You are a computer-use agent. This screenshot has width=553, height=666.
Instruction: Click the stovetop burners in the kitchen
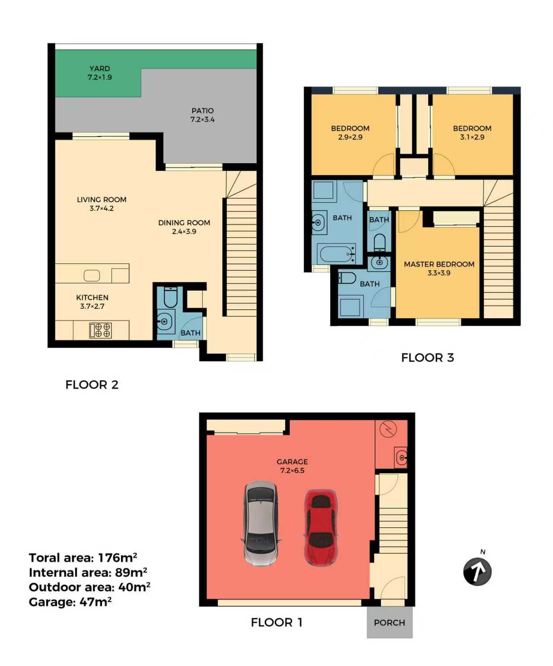[101, 330]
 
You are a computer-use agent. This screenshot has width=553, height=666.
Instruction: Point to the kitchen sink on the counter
[92, 276]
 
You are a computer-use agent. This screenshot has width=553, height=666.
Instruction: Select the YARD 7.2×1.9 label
[99, 73]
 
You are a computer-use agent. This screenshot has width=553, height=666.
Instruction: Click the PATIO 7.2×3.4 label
[202, 115]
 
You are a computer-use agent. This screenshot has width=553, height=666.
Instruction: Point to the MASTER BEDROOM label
[439, 268]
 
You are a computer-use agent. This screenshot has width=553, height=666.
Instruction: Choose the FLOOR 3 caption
[427, 358]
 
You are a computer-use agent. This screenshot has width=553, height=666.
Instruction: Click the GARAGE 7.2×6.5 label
[292, 466]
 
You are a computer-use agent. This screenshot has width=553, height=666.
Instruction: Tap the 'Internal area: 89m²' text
[88, 572]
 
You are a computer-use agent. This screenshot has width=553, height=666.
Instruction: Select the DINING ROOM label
[184, 227]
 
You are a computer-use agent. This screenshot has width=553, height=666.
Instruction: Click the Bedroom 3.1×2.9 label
[472, 133]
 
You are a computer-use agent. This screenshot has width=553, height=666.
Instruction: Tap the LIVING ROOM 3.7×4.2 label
[102, 204]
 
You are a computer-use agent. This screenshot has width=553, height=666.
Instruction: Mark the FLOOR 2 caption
[92, 385]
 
